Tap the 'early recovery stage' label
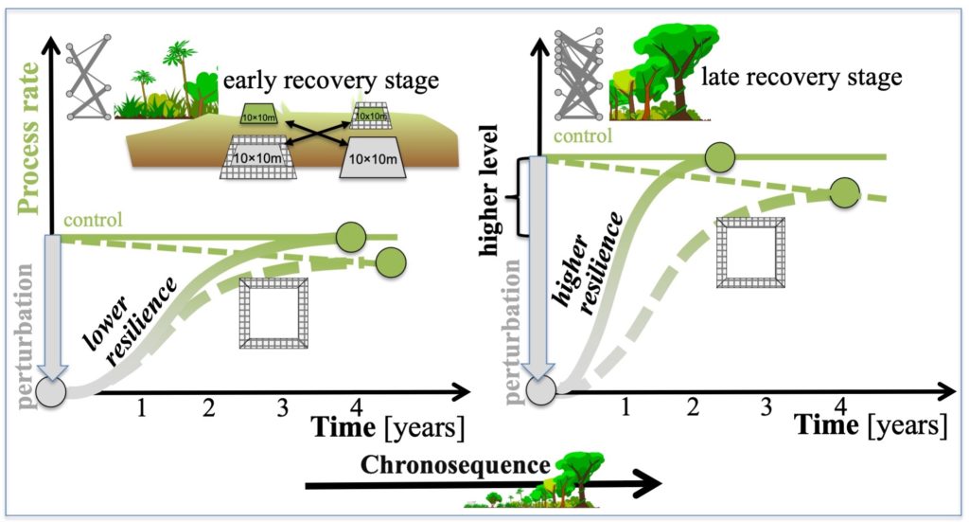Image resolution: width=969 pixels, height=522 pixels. pos(330,81)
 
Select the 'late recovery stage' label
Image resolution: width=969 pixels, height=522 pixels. pos(802,78)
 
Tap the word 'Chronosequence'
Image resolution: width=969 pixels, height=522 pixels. pos(455,465)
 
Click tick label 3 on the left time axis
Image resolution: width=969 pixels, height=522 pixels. pos(282,408)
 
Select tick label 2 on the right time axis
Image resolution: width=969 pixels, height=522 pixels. pos(693,407)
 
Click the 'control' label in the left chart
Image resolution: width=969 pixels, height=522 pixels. pos(93,220)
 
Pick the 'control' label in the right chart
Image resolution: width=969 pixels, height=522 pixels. pos(583,135)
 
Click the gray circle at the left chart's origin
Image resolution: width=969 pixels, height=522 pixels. pos(51,392)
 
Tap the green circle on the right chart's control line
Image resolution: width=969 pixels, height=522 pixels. pos(720,157)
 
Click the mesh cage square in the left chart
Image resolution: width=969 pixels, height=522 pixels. pos(273,313)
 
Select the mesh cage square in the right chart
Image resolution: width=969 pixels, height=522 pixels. pos(750,252)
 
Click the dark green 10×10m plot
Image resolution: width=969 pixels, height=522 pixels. pos(259,115)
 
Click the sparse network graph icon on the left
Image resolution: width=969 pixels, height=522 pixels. pos(88,78)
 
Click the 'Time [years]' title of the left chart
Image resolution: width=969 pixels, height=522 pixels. pos(387,427)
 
